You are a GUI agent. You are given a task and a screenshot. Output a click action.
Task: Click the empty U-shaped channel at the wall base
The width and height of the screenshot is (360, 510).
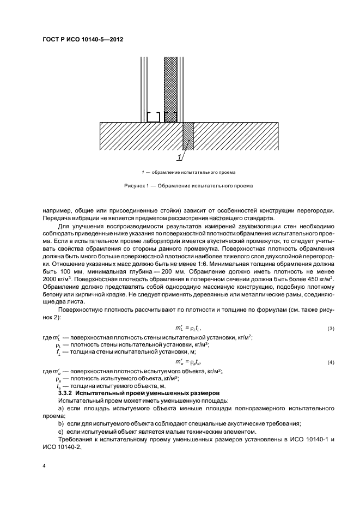pyautogui.click(x=154, y=117)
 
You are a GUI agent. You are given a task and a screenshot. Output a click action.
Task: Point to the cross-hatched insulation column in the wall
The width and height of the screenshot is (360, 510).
pyautogui.click(x=170, y=82)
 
